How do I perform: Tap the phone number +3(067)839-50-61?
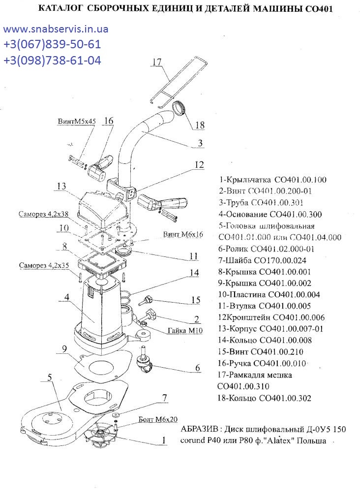[52, 45]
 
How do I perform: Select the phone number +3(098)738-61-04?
[52, 61]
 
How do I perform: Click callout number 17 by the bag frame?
[157, 62]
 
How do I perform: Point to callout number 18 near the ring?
[199, 125]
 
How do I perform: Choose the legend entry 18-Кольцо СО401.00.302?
[265, 398]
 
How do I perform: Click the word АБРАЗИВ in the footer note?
[200, 429]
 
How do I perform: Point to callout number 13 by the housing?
[61, 186]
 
